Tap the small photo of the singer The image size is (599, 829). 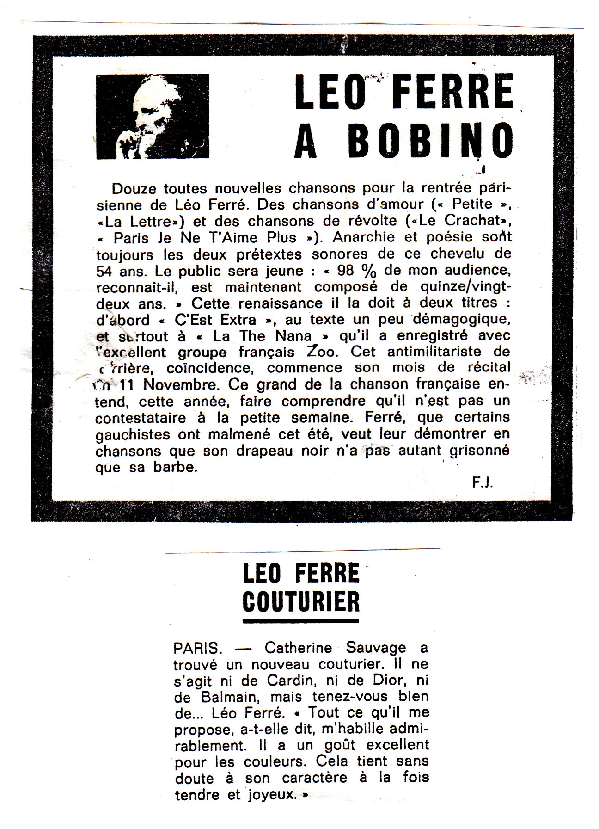point(153,117)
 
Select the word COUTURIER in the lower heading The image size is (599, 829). point(301,601)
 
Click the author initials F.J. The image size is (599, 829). point(483,483)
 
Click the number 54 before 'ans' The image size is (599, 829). point(105,270)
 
